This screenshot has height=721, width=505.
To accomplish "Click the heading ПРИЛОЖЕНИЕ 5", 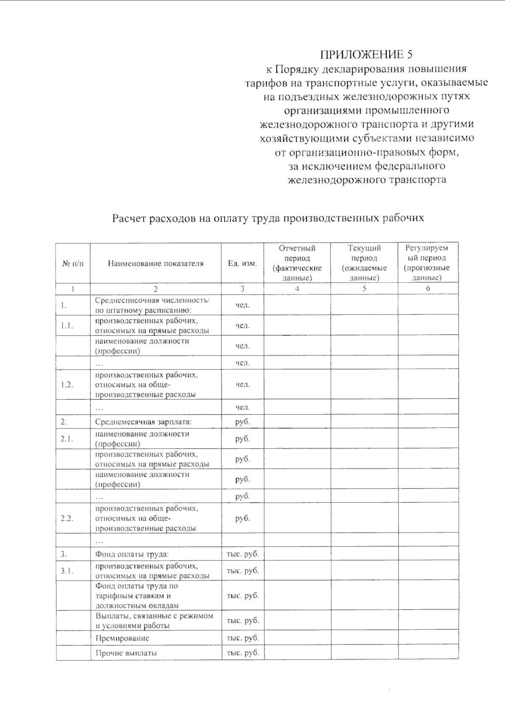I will click(x=366, y=55).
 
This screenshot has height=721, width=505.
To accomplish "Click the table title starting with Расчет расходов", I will click(x=268, y=218).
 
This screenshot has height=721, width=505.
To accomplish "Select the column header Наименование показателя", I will click(x=156, y=264).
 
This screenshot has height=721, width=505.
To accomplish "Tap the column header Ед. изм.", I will click(x=242, y=264).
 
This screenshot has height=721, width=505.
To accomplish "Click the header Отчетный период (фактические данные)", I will click(x=297, y=263).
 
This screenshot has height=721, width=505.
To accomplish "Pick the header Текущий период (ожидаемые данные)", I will click(x=364, y=263).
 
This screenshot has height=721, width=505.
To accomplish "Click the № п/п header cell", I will click(x=73, y=264).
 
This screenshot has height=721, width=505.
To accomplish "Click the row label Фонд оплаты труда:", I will click(x=132, y=554).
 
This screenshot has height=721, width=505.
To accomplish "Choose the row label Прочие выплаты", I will click(x=126, y=653).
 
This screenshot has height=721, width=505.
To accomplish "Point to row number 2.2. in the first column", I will click(x=67, y=518).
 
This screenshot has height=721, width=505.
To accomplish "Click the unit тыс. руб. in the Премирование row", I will click(x=243, y=638).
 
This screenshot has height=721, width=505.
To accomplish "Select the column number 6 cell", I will click(x=428, y=289).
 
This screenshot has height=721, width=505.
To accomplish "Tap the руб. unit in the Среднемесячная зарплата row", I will click(x=242, y=422).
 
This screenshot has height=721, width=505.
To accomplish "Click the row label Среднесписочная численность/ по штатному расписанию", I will click(x=152, y=305).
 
